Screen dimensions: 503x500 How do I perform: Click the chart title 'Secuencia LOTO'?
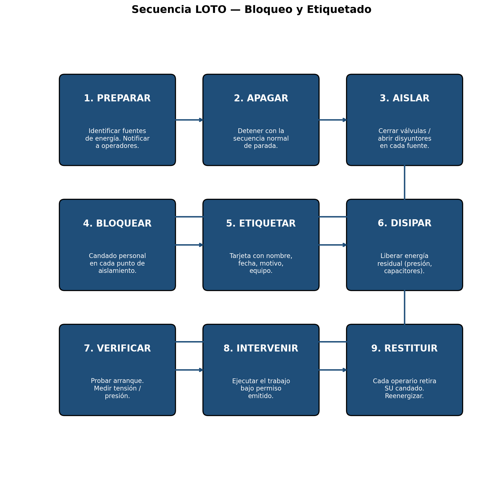pos(179,10)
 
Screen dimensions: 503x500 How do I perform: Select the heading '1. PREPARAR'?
pos(117,99)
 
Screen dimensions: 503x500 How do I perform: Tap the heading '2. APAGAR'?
pos(261,99)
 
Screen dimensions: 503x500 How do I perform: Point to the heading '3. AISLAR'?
pos(404,99)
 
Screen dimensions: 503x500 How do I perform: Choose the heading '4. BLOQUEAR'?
pos(117,224)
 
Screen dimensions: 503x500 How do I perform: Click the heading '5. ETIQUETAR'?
pos(261,224)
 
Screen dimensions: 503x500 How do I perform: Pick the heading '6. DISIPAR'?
pos(404,223)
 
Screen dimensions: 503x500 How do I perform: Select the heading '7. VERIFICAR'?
pos(117,349)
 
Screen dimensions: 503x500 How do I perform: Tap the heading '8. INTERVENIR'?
pos(261,349)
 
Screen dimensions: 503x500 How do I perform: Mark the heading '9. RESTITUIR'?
pos(404,349)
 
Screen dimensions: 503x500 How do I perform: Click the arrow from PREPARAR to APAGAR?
pos(189,120)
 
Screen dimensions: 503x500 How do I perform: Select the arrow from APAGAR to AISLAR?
pos(333,120)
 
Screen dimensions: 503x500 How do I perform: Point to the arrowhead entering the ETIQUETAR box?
pos(201,245)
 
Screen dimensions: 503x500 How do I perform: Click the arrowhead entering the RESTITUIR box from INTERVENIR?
pos(345,370)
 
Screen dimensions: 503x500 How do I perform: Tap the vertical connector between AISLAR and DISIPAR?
pos(404,182)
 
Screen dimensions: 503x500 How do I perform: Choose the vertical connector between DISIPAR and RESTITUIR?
pos(404,307)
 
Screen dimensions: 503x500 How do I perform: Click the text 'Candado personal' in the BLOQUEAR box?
pos(117,256)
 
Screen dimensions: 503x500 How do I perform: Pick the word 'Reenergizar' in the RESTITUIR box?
pos(403,396)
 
